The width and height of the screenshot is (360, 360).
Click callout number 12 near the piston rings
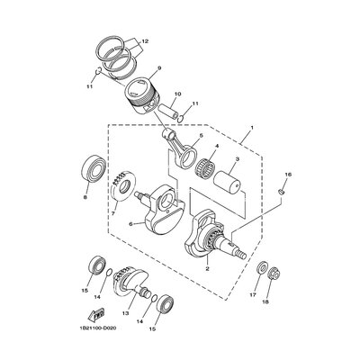(x=144, y=40)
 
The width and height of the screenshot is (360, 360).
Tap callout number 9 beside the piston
(x=157, y=68)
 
